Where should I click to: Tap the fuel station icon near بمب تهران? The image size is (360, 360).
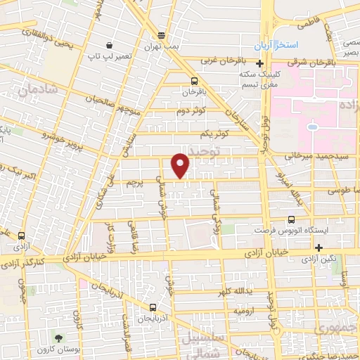click(162, 35)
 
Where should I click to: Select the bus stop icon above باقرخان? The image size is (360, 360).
click(195, 80)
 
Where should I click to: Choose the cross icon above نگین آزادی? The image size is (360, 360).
click(319, 247)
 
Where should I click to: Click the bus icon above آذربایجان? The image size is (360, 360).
click(153, 307)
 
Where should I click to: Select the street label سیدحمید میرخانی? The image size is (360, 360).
click(299, 153)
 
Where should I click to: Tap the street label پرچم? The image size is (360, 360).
click(131, 183)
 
